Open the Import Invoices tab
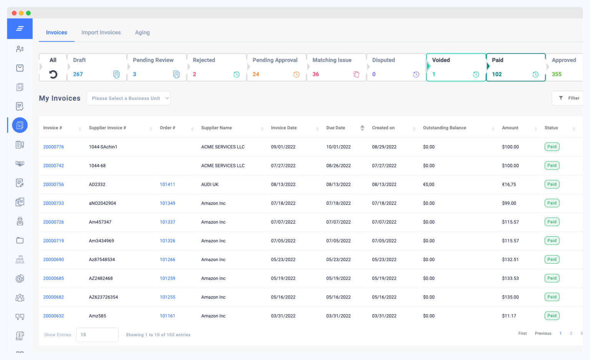point(101,33)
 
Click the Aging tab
point(142,33)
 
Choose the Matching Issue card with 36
point(336,67)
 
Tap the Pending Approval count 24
point(256,74)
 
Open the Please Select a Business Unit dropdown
point(128,98)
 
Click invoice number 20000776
point(53,147)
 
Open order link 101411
point(167,184)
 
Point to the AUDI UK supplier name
point(210,184)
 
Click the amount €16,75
point(509,184)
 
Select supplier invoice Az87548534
point(102,260)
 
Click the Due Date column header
point(336,128)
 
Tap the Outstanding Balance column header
point(444,128)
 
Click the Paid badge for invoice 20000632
point(552,316)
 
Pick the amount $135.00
point(510,297)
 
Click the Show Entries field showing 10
point(97,335)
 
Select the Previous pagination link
point(543,333)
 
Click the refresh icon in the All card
point(53,74)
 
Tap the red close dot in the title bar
point(14,13)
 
